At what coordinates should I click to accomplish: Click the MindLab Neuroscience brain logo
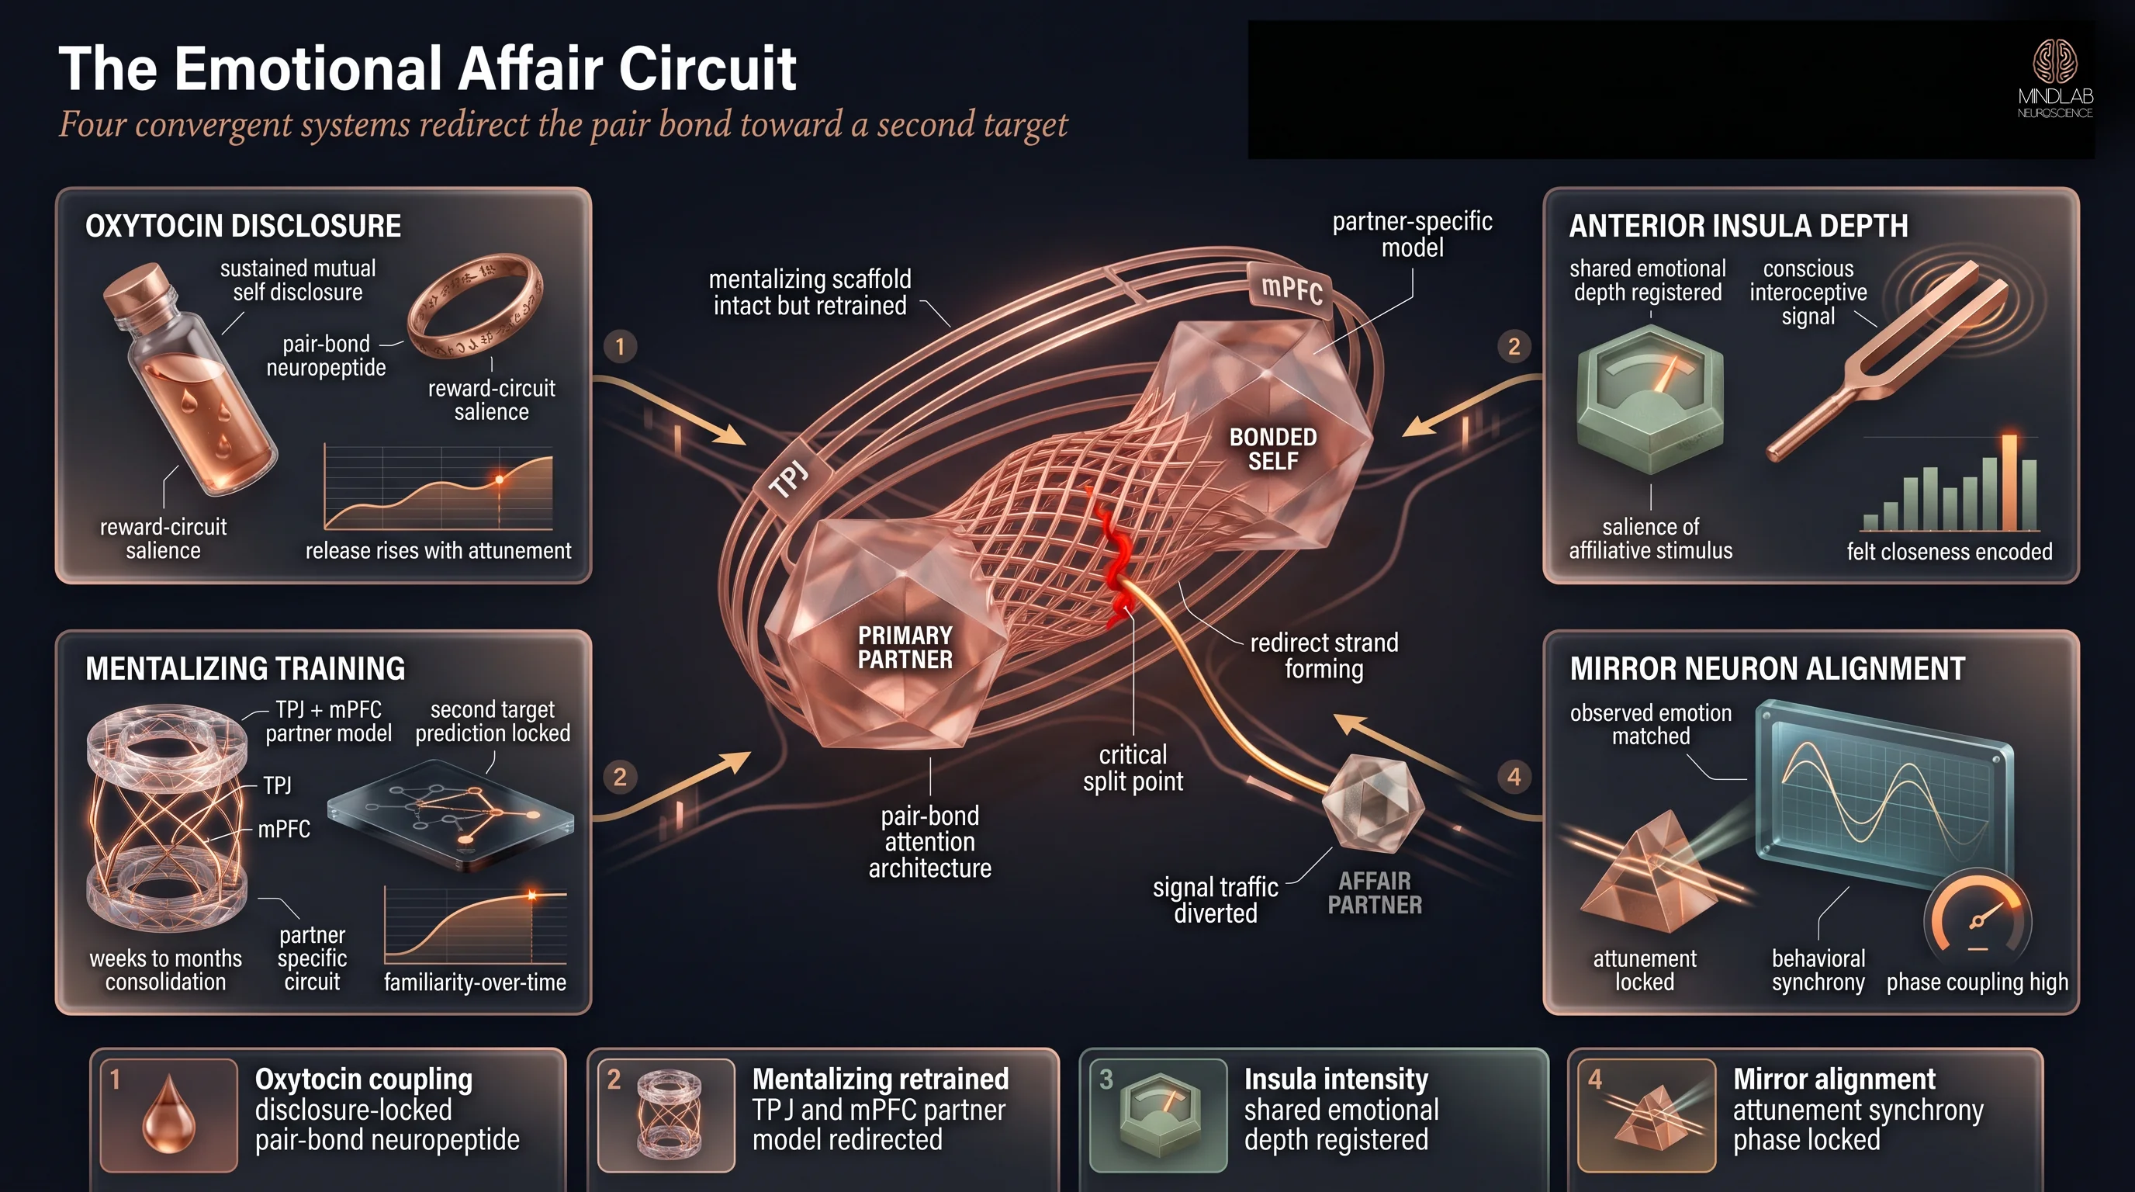point(2054,62)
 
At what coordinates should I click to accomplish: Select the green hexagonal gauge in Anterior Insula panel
point(1650,399)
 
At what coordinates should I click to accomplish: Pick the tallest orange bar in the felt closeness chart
point(2009,482)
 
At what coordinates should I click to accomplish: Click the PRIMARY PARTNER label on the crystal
point(905,647)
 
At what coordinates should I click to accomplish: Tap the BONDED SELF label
point(1272,449)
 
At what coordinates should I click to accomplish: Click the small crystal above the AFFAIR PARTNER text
point(1372,802)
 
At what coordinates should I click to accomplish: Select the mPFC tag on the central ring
point(1291,289)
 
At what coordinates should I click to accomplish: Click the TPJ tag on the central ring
point(788,479)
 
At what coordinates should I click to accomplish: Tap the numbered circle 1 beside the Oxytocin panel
point(620,346)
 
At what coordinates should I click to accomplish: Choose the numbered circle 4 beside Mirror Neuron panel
point(1514,777)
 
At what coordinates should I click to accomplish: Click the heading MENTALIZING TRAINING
point(245,668)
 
